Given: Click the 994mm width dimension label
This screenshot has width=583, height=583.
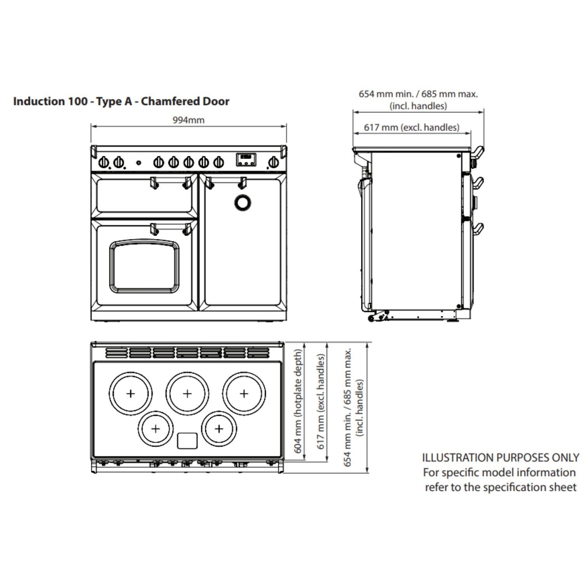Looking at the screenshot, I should (x=189, y=120).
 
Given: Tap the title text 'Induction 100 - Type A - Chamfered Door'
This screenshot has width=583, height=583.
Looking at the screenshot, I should (x=121, y=101).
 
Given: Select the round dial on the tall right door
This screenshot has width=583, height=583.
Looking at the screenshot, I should (x=243, y=202).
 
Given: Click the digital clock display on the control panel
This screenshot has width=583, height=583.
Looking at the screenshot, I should (x=246, y=159).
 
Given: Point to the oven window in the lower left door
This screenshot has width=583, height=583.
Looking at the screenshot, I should (x=144, y=266).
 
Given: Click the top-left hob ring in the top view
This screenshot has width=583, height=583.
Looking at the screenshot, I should (x=131, y=393).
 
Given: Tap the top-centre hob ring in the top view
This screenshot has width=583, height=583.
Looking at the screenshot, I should (x=187, y=393).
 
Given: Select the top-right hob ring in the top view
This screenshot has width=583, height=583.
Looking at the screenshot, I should (x=244, y=393).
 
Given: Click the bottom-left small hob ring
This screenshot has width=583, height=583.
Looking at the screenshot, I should (x=155, y=429).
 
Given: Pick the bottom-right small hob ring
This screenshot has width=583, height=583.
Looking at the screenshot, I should (x=219, y=429).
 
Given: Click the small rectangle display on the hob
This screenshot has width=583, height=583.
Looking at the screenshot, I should (x=187, y=441).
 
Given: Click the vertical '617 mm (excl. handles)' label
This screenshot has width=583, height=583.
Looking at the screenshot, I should (x=321, y=401).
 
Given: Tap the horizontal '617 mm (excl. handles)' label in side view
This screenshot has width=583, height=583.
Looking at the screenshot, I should (x=412, y=127).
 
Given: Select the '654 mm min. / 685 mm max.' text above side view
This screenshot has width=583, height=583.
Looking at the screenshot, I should (x=418, y=94).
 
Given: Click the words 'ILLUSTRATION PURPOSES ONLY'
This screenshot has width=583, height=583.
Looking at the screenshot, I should (x=501, y=457).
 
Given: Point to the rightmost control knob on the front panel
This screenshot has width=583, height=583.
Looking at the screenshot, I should (x=274, y=161).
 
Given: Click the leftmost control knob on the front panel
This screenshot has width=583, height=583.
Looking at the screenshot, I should (x=104, y=161).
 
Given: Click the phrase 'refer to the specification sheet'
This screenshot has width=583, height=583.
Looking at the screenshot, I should (x=501, y=487).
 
